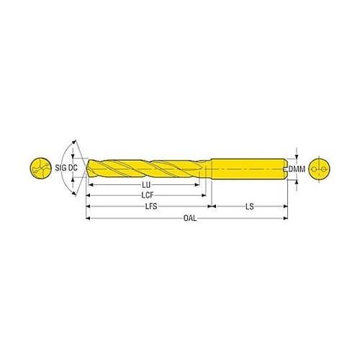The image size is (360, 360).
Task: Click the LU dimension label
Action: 146,185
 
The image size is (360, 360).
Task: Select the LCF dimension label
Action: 147,196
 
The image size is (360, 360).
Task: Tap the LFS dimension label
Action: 151,207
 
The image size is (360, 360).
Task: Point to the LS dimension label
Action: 250,207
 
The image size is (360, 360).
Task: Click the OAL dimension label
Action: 190,218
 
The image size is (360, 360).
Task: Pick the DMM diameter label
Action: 297,169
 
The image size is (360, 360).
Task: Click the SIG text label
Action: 60,168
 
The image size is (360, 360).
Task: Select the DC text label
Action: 73,168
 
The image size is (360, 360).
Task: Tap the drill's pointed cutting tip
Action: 86,168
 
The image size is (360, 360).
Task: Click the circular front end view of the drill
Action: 40,168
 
